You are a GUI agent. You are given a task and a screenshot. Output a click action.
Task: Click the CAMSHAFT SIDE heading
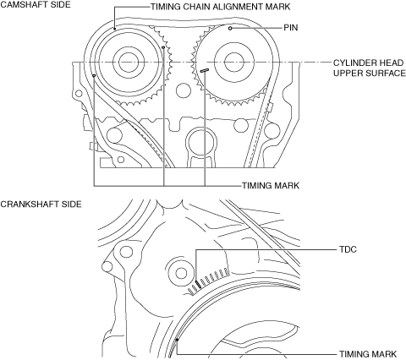[36, 5]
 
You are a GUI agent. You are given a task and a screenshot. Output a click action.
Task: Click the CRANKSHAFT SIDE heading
[41, 204]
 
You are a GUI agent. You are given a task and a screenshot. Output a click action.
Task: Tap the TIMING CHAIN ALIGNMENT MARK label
[220, 7]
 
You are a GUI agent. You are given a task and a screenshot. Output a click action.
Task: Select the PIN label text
[291, 28]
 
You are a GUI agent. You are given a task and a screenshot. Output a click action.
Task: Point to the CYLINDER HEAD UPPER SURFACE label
[370, 68]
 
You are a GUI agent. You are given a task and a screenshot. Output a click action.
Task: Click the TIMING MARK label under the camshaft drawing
[271, 185]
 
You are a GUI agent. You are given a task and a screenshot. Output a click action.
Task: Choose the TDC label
[348, 249]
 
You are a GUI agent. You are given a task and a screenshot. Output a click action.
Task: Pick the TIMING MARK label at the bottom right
[368, 354]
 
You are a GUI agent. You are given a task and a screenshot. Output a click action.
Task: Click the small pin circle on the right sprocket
[230, 28]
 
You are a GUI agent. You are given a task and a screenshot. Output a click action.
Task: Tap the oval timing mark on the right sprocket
[205, 70]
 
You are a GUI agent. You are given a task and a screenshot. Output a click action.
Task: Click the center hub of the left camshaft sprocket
[129, 63]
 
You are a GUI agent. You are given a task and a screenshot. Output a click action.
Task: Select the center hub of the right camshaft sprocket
[234, 63]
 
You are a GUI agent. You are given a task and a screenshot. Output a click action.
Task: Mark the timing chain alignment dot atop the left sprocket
[115, 28]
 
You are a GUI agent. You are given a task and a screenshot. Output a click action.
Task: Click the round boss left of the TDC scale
[181, 272]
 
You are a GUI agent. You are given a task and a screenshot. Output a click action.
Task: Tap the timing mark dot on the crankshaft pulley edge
[177, 340]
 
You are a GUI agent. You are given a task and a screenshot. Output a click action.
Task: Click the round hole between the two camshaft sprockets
[184, 90]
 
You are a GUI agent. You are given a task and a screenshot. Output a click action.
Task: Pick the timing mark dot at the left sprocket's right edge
[163, 47]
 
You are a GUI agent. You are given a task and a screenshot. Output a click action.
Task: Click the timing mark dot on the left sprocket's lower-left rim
[94, 75]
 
